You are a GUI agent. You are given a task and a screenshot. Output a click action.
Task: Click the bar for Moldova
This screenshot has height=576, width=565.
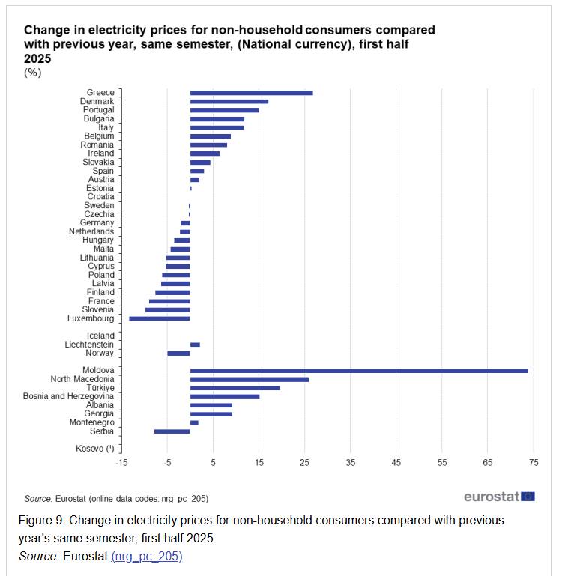(x=359, y=371)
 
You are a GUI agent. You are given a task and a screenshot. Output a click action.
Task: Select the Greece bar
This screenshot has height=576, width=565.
(x=251, y=93)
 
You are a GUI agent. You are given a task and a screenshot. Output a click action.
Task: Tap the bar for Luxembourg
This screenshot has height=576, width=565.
(x=160, y=318)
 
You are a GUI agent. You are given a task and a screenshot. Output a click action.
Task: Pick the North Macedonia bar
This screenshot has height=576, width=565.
(x=249, y=379)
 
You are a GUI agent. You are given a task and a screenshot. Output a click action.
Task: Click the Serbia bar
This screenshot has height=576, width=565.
(x=172, y=431)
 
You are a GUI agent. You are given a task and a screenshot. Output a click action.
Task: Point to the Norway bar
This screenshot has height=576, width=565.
(x=178, y=353)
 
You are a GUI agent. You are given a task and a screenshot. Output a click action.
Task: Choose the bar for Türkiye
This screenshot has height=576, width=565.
(x=235, y=388)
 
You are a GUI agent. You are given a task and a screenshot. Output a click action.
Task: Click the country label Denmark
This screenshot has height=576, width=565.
(x=97, y=101)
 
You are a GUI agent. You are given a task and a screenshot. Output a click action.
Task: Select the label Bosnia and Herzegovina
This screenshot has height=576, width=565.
(x=68, y=396)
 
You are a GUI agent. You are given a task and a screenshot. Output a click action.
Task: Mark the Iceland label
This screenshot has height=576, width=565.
(x=100, y=336)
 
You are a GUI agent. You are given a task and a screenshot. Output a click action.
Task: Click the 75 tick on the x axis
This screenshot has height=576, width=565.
(x=534, y=463)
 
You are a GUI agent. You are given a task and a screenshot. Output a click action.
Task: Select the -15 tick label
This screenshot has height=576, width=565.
(x=121, y=463)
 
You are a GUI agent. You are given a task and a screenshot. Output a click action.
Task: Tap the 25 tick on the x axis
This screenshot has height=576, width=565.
(x=305, y=463)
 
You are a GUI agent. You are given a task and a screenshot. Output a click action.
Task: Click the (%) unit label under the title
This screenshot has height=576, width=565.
(x=32, y=73)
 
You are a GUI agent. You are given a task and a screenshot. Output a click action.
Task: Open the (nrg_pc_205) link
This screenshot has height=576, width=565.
(x=146, y=556)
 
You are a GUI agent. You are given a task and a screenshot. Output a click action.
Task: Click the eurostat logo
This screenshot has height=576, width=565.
(x=499, y=497)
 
